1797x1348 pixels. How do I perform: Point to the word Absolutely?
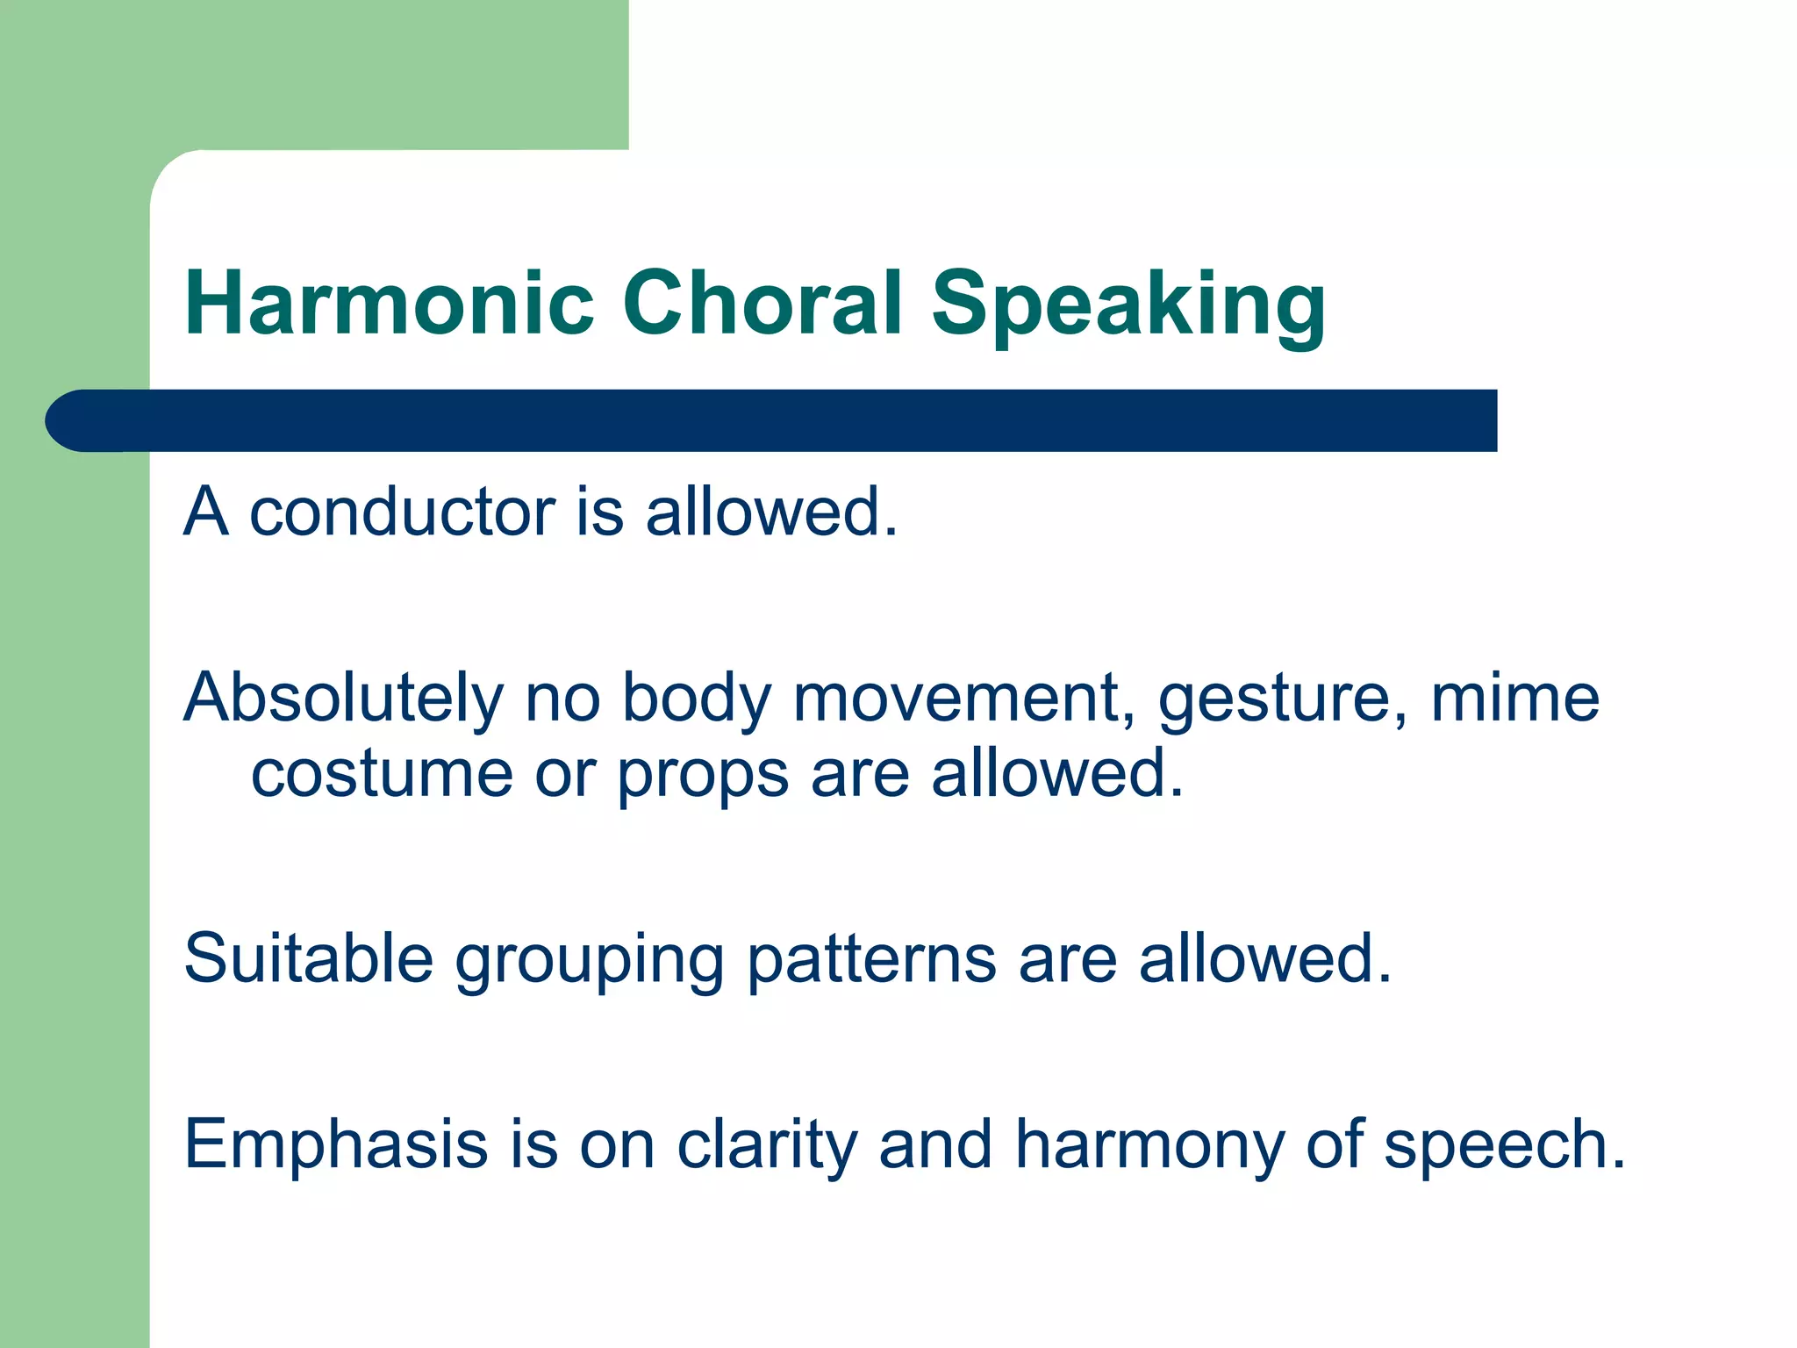point(343,699)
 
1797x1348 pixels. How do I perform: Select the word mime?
point(1514,699)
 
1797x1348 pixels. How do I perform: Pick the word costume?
point(382,774)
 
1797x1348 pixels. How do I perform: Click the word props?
point(703,778)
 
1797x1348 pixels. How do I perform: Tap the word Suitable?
point(308,958)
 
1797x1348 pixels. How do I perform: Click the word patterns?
point(871,960)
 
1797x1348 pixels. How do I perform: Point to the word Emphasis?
point(335,1146)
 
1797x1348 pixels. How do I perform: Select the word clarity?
point(766,1146)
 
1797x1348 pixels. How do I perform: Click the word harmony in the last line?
point(1149,1146)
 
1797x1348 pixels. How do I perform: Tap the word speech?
point(1504,1146)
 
